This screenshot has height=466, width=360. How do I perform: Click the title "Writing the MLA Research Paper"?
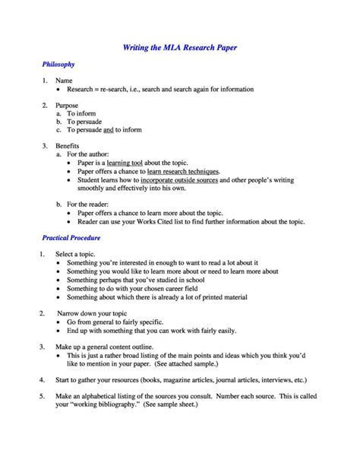pyautogui.click(x=180, y=48)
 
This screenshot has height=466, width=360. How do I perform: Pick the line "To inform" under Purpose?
pyautogui.click(x=83, y=113)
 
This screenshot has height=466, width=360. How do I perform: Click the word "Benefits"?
pyautogui.click(x=69, y=144)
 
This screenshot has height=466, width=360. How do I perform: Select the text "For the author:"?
pyautogui.click(x=90, y=153)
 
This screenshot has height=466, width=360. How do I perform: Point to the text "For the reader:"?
pyautogui.click(x=90, y=204)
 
